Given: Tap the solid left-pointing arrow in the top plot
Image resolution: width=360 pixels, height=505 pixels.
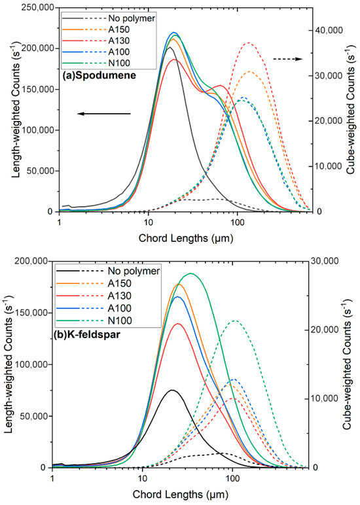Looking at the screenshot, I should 104,114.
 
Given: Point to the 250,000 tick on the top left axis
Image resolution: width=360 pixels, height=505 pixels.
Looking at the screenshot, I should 37,8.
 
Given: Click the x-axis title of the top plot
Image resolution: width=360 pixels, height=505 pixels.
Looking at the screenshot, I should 185,237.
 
